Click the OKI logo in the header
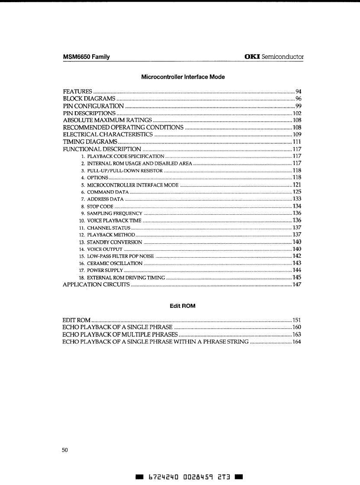tap(253, 57)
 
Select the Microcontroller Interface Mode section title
tap(183, 77)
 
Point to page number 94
tap(298, 91)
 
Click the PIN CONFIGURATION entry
tap(93, 106)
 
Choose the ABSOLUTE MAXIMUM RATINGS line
tap(107, 120)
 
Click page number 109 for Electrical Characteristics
tap(296, 134)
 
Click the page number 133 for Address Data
tap(297, 199)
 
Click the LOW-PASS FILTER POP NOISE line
tap(120, 256)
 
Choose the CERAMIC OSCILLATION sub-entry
tap(115, 263)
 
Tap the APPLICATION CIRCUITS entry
tap(96, 285)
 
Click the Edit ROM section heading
tap(183, 306)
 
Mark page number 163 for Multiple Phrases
tap(296, 335)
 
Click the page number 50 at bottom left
tap(65, 450)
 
